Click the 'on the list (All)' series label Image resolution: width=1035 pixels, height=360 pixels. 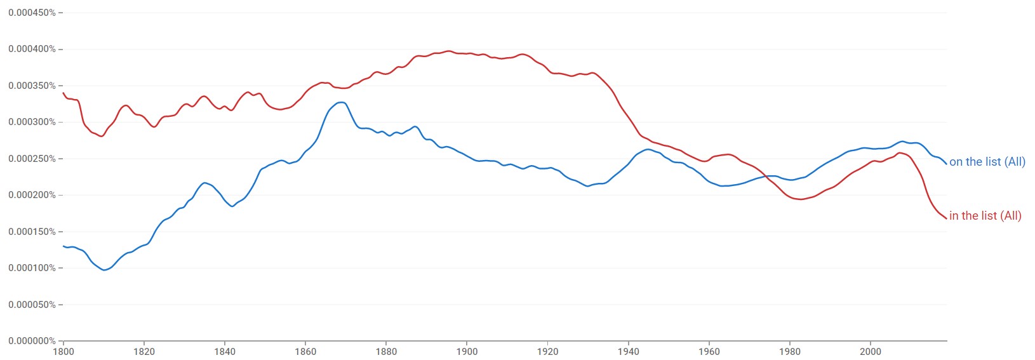(987, 162)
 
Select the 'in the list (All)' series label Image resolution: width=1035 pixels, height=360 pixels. (985, 216)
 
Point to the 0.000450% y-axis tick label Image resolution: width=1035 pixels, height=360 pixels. (32, 13)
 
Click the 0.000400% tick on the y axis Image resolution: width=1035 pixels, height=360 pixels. (32, 49)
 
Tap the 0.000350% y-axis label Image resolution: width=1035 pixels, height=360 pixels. (32, 86)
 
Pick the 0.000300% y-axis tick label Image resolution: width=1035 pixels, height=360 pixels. (32, 122)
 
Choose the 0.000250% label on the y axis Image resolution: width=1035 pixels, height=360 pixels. (32, 159)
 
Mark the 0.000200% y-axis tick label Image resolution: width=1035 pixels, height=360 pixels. (32, 195)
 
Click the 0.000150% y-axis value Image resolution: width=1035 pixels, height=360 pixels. (32, 232)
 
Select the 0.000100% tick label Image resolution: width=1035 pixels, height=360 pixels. (32, 268)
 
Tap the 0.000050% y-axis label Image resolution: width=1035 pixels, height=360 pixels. (32, 305)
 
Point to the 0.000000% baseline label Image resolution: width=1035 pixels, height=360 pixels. (32, 341)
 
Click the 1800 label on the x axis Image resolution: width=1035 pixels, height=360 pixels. (63, 352)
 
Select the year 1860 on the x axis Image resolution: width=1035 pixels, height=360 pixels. (305, 352)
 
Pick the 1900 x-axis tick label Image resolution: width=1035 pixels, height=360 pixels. (467, 352)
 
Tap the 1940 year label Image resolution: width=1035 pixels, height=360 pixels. (628, 352)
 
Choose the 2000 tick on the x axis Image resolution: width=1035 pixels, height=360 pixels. (870, 352)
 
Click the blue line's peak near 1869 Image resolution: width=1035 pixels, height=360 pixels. (342, 102)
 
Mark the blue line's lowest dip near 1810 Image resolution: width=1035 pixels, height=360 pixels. (104, 270)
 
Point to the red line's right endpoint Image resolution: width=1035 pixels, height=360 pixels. (947, 218)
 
